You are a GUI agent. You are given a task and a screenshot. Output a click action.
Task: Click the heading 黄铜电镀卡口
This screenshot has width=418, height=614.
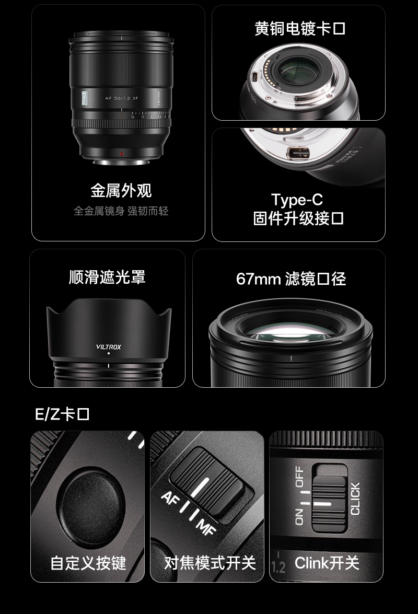tap(299, 28)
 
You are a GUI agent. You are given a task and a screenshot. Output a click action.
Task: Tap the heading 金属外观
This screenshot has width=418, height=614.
tap(121, 190)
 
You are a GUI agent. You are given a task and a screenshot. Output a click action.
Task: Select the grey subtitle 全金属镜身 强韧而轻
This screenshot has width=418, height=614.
tap(121, 211)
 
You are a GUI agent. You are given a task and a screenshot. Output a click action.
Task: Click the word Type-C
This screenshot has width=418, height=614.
tap(297, 200)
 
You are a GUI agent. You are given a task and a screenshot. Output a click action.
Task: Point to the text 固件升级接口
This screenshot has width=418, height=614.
tap(298, 218)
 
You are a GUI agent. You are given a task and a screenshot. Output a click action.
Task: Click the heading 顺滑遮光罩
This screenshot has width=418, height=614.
tap(107, 276)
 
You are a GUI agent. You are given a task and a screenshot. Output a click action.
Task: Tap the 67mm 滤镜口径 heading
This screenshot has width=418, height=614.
tap(291, 279)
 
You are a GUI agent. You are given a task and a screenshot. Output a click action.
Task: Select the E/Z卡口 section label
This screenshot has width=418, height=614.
tap(62, 414)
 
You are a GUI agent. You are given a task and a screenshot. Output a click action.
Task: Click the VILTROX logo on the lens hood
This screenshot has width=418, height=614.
tap(109, 346)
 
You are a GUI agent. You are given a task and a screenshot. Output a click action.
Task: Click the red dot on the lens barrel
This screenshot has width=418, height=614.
tap(121, 154)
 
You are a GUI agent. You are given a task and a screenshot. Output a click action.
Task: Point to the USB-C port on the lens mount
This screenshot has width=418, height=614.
tap(296, 154)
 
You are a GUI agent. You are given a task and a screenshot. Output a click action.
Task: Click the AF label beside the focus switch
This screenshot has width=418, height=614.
tap(171, 497)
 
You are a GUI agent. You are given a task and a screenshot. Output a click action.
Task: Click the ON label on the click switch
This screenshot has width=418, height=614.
tap(299, 516)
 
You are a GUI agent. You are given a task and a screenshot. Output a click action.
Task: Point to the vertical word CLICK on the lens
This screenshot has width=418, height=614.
tap(355, 499)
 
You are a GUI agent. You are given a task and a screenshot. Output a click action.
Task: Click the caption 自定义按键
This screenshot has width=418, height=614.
tap(88, 563)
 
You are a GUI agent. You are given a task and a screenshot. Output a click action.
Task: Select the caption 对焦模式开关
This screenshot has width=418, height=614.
tap(210, 563)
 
